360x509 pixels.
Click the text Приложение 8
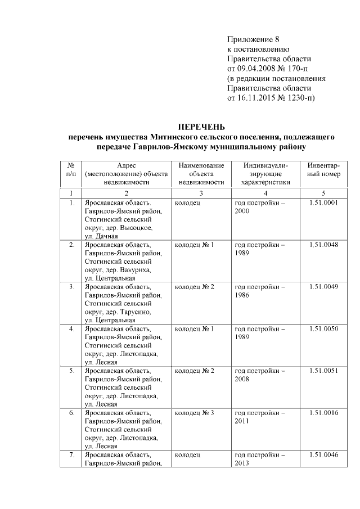click(253, 39)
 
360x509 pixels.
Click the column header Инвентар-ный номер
click(323, 174)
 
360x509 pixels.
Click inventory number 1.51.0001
click(323, 202)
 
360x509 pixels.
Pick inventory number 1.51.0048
click(323, 245)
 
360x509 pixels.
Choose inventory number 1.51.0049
click(323, 287)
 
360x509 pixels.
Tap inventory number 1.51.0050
click(323, 328)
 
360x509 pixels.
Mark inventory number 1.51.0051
click(323, 371)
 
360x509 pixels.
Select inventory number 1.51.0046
click(323, 454)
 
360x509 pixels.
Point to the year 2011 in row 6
click(242, 421)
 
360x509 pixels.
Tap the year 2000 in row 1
click(242, 211)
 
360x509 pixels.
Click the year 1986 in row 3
click(242, 295)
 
